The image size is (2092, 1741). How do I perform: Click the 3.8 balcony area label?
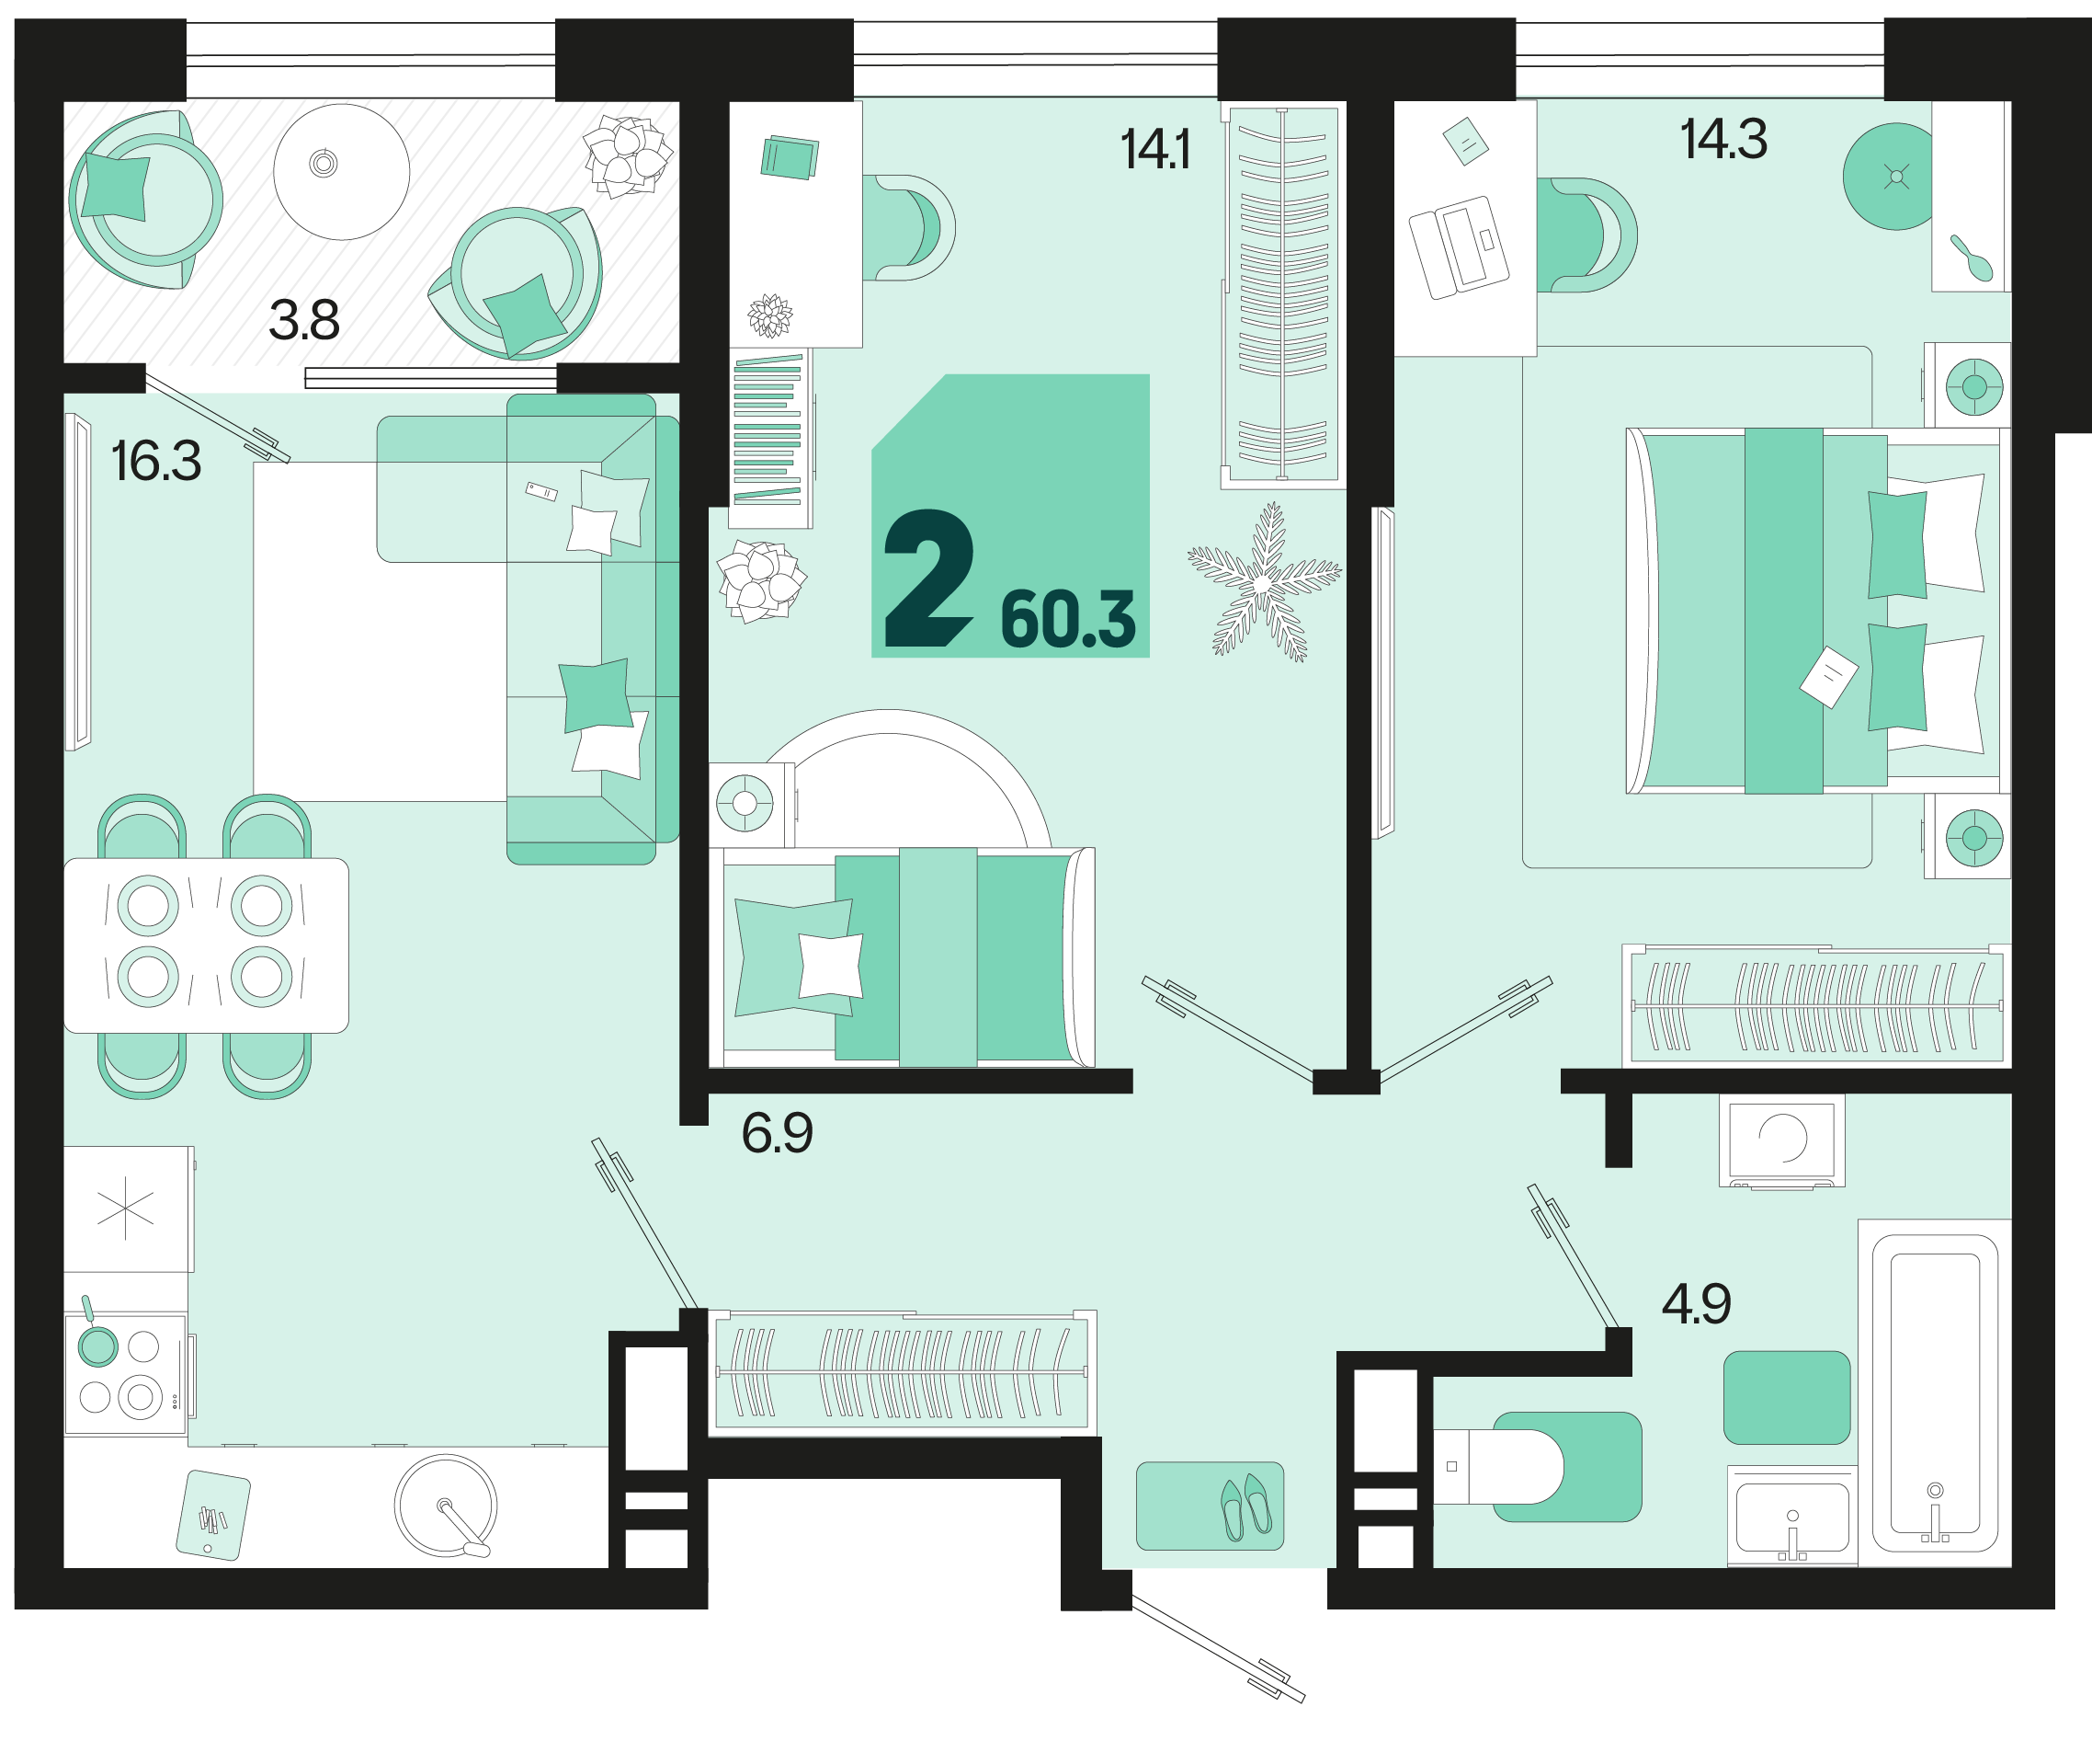pyautogui.click(x=304, y=320)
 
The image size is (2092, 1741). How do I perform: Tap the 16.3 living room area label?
pyautogui.click(x=155, y=462)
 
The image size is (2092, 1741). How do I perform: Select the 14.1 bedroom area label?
pyautogui.click(x=1154, y=150)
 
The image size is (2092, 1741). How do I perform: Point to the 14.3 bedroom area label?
pyautogui.click(x=1723, y=139)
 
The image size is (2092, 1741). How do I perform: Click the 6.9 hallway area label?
pyautogui.click(x=777, y=1133)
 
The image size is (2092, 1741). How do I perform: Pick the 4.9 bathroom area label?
pyautogui.click(x=1697, y=1303)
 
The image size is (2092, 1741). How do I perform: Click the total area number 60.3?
pyautogui.click(x=1067, y=619)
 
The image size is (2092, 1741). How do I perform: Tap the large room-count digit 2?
pyautogui.click(x=927, y=579)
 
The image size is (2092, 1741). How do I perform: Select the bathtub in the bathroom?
pyautogui.click(x=1934, y=1392)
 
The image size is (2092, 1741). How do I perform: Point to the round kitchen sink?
pyautogui.click(x=444, y=1505)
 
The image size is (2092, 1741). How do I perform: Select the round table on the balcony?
pyautogui.click(x=341, y=171)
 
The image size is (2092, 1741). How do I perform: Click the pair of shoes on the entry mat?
pyautogui.click(x=1246, y=1506)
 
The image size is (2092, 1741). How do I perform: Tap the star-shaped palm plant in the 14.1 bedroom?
pyautogui.click(x=1263, y=583)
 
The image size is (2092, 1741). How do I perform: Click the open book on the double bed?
pyautogui.click(x=1828, y=678)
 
